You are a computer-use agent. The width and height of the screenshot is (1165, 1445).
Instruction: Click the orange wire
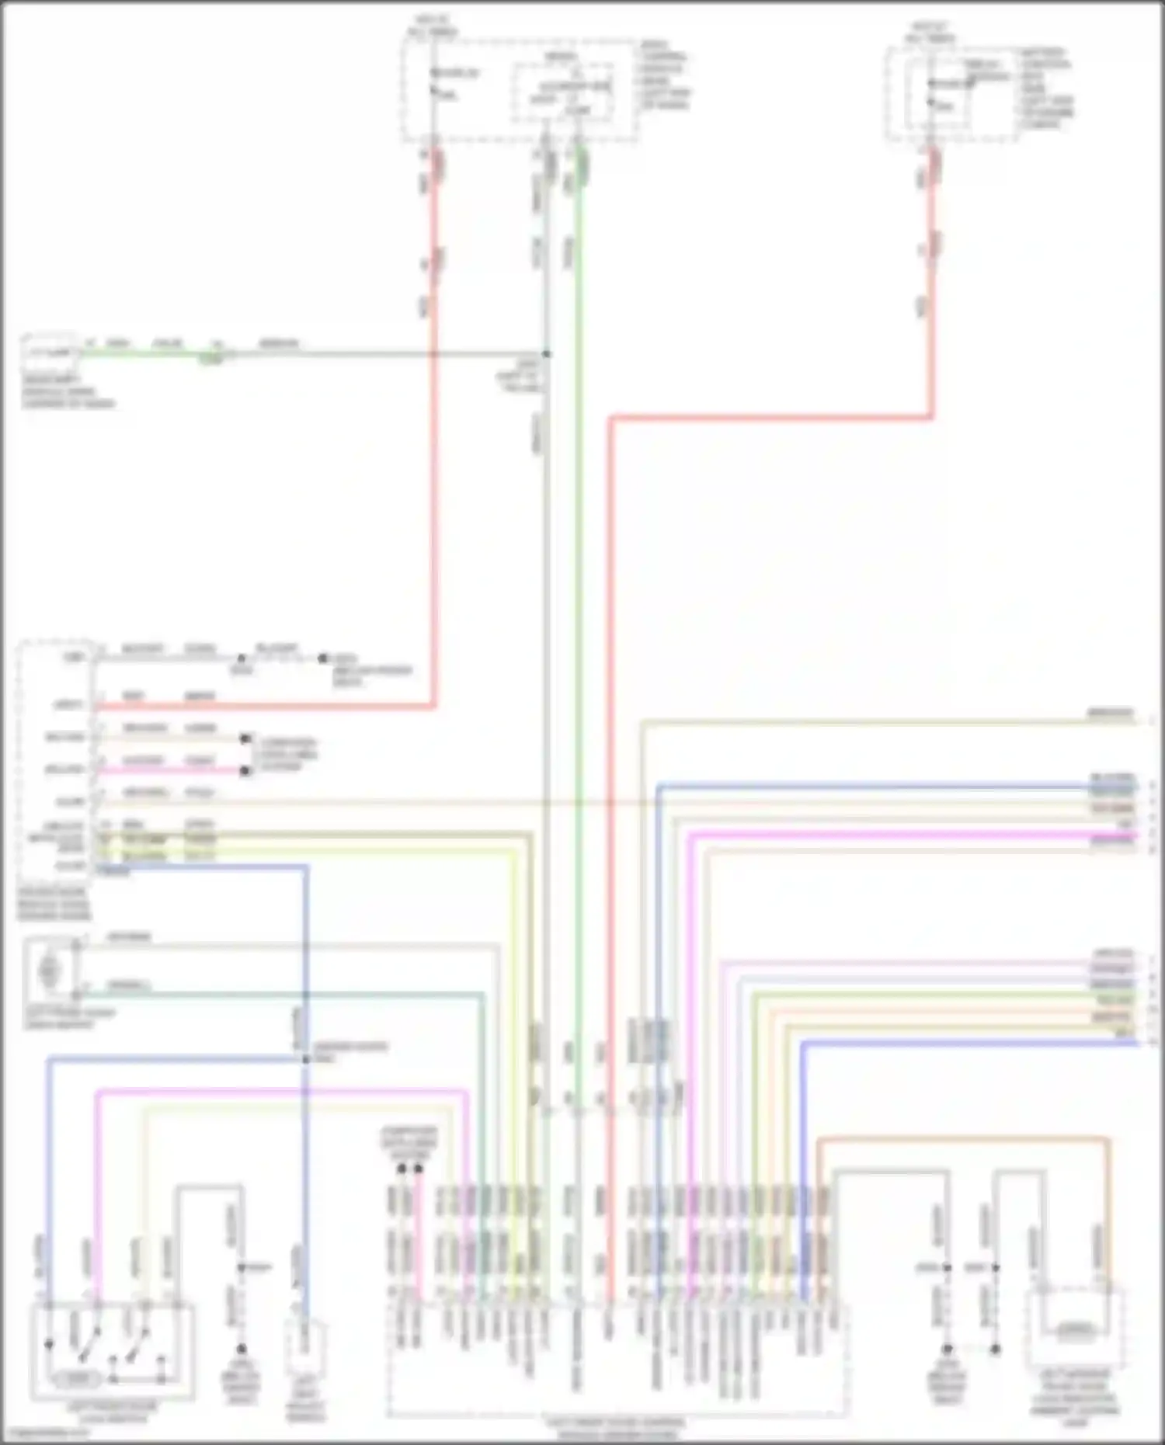(x=963, y=1139)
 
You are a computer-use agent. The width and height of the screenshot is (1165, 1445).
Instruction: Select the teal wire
(x=311, y=994)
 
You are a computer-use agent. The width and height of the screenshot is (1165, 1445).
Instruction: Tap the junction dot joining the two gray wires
(x=547, y=354)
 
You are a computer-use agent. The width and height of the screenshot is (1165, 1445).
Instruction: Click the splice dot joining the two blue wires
(x=305, y=1059)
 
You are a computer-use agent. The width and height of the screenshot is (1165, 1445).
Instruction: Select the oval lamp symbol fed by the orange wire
(x=1076, y=1331)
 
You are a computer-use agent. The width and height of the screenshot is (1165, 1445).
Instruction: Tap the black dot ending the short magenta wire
(x=245, y=771)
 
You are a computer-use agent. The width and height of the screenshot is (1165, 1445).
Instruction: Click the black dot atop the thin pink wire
(x=419, y=1168)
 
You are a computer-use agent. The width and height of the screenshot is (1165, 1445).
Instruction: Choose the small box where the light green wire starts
(x=50, y=354)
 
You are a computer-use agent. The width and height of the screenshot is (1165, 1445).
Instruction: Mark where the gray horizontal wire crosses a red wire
(x=433, y=354)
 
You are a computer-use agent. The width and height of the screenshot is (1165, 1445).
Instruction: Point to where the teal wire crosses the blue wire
(x=305, y=994)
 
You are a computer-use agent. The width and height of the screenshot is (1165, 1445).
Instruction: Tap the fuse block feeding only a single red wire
(x=952, y=93)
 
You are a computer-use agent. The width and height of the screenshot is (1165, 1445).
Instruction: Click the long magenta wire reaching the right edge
(x=893, y=835)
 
